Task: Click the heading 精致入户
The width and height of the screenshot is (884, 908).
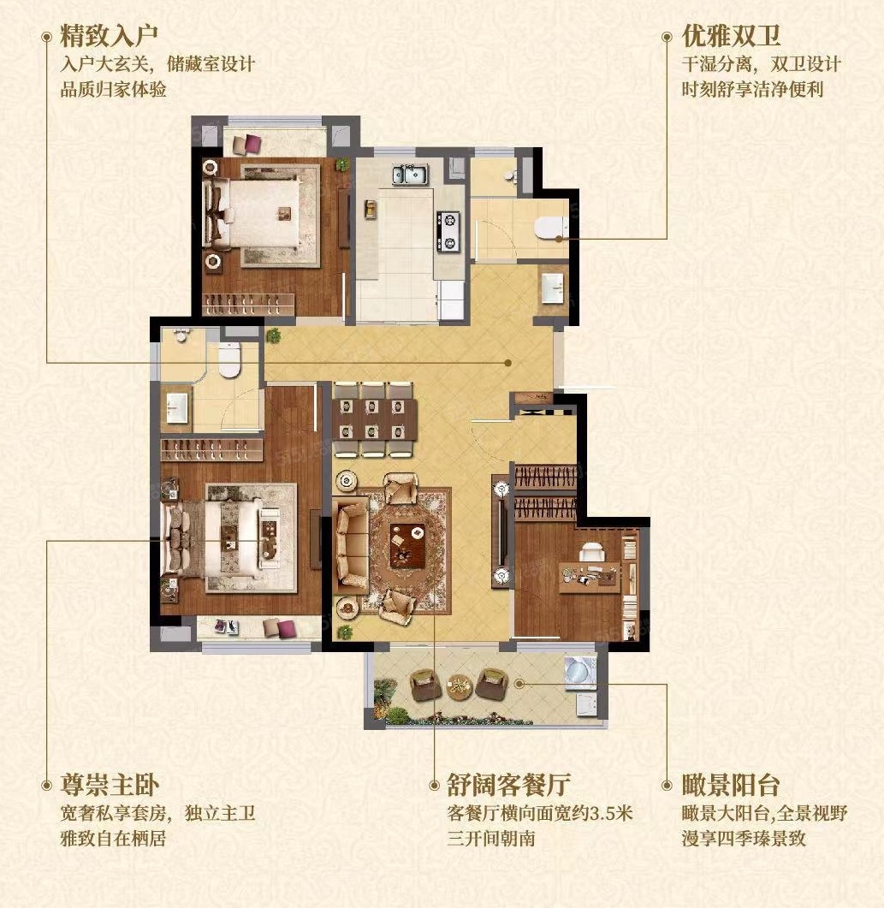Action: point(109,36)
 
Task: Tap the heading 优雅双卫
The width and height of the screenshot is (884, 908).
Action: point(731,36)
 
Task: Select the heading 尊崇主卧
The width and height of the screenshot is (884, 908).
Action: point(110,786)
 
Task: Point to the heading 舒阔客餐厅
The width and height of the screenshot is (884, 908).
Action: point(509,786)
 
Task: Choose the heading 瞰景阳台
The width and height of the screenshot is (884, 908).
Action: point(731,786)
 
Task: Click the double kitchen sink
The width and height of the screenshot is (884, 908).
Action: point(411,174)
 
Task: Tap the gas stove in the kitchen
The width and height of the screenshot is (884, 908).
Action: point(448,232)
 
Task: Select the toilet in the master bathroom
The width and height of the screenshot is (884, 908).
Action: point(229,359)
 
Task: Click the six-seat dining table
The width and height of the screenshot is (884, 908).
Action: point(375,419)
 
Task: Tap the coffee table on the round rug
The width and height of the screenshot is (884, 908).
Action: point(407,545)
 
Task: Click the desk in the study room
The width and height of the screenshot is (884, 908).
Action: point(590,577)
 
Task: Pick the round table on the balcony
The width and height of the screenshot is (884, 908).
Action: point(460,686)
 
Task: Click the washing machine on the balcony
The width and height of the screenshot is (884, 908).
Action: point(581,673)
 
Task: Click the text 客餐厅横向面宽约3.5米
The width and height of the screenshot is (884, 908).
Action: point(540,813)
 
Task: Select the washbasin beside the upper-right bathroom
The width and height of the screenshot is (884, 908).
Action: point(552,288)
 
